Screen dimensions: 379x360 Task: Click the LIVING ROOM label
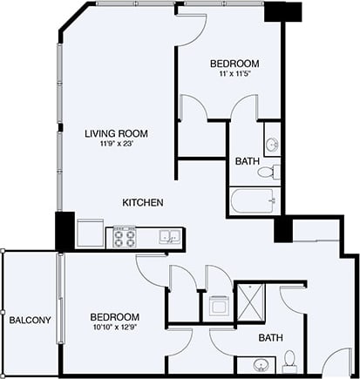(115, 133)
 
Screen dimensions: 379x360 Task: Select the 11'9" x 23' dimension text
(115, 145)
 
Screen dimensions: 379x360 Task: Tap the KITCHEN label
(143, 202)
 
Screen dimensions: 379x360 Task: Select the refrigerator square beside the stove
(90, 234)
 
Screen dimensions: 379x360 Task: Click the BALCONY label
(30, 320)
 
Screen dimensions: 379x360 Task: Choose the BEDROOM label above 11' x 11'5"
(234, 64)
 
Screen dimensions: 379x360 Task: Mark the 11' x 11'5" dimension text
(234, 76)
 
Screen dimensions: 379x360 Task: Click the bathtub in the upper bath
(255, 200)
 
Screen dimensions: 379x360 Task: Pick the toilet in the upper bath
(274, 171)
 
